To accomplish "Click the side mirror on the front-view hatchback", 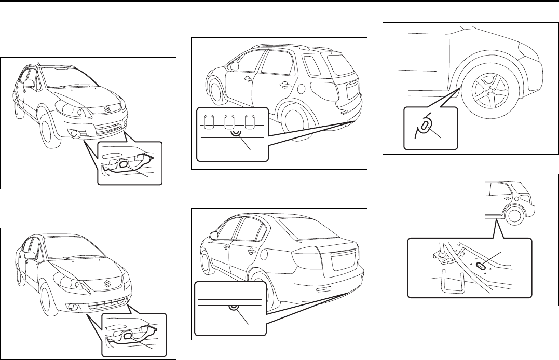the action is click(x=29, y=84).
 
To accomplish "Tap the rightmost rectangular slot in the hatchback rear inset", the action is click(x=250, y=122).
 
